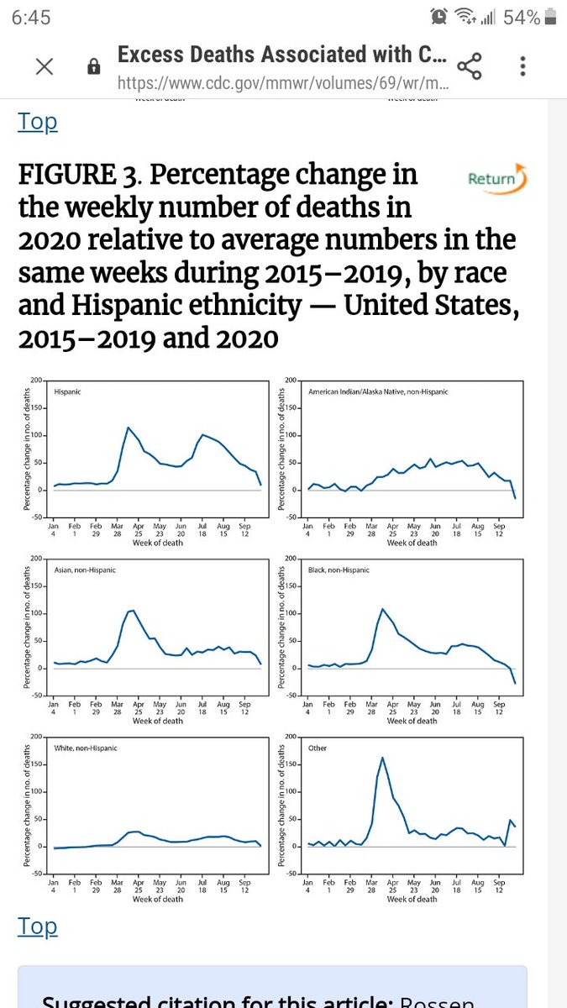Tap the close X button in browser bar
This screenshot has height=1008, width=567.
click(x=45, y=66)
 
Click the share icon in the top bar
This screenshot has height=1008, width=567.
click(x=469, y=66)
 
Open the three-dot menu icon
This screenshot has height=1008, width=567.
click(x=522, y=66)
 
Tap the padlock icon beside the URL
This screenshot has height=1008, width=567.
click(x=94, y=67)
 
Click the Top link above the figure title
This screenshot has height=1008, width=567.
click(x=37, y=122)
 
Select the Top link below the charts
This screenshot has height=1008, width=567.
click(x=37, y=927)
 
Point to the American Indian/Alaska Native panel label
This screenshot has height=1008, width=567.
click(x=378, y=392)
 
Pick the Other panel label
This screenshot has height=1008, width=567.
click(x=318, y=748)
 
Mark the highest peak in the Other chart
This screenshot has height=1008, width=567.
click(x=382, y=758)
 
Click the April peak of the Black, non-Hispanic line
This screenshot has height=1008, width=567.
click(x=382, y=608)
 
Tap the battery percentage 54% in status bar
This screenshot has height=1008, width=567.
click(x=522, y=18)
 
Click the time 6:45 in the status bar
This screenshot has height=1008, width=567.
click(x=31, y=18)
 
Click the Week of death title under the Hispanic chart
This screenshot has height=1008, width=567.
click(x=157, y=543)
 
